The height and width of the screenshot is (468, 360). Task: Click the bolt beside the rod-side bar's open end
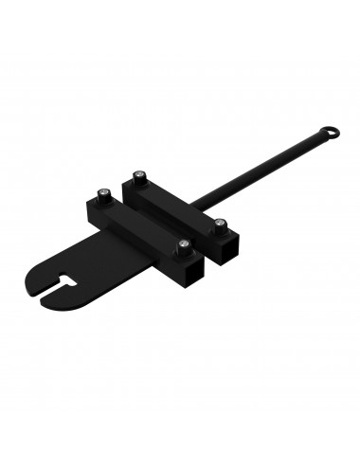pyautogui.click(x=221, y=225)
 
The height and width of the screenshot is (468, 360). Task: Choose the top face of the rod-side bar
pyautogui.click(x=180, y=200)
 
